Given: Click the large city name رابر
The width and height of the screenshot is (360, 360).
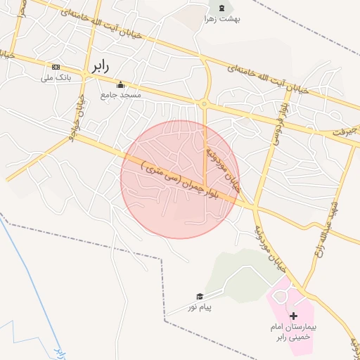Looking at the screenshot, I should point(98,67).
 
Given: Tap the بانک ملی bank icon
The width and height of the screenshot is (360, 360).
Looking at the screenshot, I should point(56,67).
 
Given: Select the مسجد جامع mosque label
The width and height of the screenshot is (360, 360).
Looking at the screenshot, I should point(121,94).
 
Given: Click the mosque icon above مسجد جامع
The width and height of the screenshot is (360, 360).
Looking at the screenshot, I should point(120,84).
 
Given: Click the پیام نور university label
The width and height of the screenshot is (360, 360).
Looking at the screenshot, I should point(199,307).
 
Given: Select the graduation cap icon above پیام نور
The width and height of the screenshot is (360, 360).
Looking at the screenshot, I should point(199,297).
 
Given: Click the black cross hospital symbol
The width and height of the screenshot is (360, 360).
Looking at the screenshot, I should point(294,316).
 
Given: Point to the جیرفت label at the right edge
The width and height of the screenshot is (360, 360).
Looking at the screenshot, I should point(344,131).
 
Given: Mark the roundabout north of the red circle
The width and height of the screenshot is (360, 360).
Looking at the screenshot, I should point(204,104).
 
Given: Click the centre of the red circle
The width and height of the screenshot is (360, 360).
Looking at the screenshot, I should point(180,179).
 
